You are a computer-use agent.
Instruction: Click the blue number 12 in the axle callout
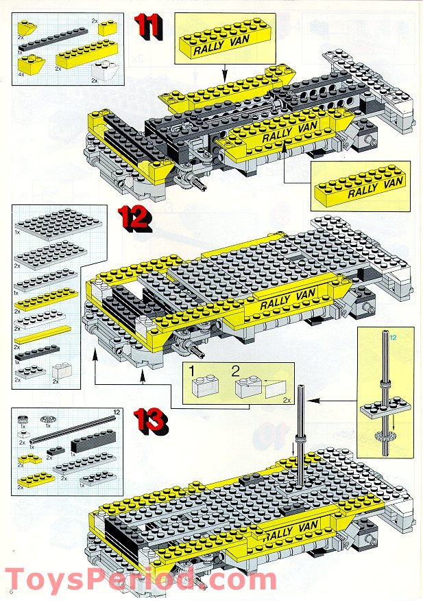pos(393,338)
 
